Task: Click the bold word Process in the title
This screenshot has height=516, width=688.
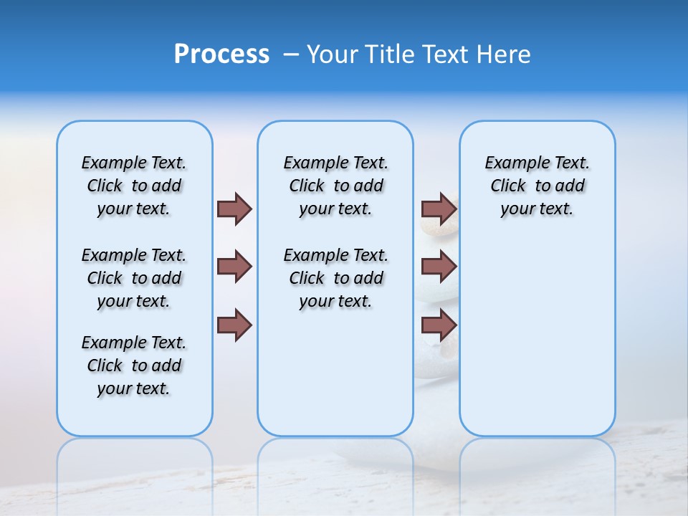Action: click(x=221, y=54)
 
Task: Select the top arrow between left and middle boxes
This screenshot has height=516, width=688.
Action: click(x=234, y=209)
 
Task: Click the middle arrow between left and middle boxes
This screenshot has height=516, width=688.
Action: click(x=234, y=267)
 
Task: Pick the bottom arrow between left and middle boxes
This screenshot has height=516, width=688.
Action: click(x=234, y=325)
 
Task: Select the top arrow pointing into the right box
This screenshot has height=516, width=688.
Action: click(x=439, y=209)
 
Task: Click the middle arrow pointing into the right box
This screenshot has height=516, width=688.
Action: click(x=439, y=267)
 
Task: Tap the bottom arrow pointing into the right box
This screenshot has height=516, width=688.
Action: click(x=439, y=325)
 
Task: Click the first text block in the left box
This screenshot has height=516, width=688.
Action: click(x=134, y=186)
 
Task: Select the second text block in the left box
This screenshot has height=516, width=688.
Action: click(x=134, y=278)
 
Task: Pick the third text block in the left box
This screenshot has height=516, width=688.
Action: click(x=134, y=365)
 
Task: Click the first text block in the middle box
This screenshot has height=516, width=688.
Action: click(x=335, y=186)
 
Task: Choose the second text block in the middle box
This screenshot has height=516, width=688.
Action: click(x=335, y=278)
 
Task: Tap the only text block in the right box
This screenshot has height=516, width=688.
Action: click(x=537, y=186)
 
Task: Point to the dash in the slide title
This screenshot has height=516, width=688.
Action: click(x=291, y=54)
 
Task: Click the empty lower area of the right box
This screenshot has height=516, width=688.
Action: click(x=537, y=337)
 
